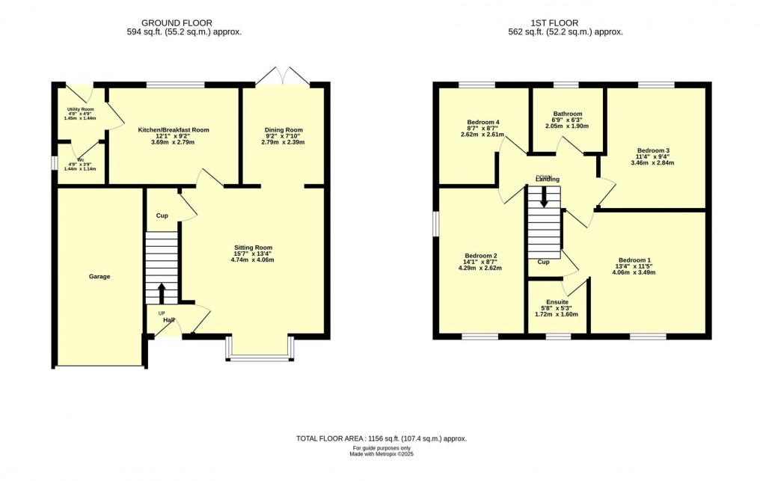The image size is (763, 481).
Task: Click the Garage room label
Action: tap(99, 277)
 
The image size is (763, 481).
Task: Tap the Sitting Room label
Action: tap(253, 248)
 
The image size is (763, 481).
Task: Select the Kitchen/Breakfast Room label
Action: tap(174, 130)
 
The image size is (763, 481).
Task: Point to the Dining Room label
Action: tap(284, 130)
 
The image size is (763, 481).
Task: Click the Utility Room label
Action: tap(81, 109)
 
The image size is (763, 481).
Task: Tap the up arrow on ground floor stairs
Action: tap(162, 293)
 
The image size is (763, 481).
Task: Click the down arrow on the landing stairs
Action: tap(544, 197)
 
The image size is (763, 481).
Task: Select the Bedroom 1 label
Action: tap(634, 260)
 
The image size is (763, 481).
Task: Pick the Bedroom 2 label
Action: tap(481, 256)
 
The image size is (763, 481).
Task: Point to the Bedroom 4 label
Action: tap(483, 122)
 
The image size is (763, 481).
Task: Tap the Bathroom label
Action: tap(567, 114)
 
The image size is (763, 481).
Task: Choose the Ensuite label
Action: tap(557, 302)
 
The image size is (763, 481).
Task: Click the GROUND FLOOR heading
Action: tap(177, 23)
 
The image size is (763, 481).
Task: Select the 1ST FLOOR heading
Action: tap(555, 23)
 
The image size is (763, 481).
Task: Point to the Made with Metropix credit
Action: tap(381, 454)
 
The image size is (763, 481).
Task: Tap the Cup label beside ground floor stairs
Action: tap(162, 215)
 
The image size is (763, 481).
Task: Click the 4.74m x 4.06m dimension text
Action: tap(253, 260)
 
